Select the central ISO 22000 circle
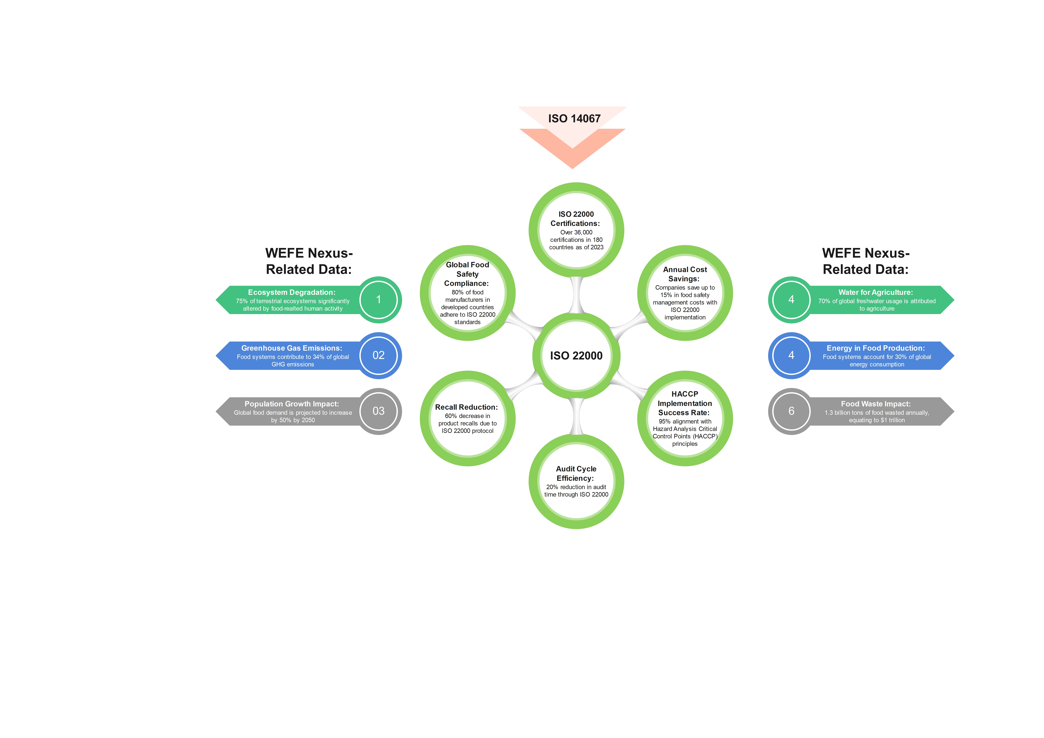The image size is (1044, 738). tap(576, 356)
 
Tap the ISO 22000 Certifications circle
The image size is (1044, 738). tap(576, 230)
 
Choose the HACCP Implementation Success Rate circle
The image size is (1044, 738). tap(685, 418)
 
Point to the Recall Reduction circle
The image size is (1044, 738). tap(467, 418)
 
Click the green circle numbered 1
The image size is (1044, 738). tap(378, 300)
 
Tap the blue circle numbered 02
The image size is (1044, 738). tap(378, 355)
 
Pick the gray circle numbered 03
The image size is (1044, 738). tap(378, 411)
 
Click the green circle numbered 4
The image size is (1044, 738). tap(791, 300)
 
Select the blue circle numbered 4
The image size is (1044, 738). tap(791, 355)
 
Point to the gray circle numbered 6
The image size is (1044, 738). tap(791, 411)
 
